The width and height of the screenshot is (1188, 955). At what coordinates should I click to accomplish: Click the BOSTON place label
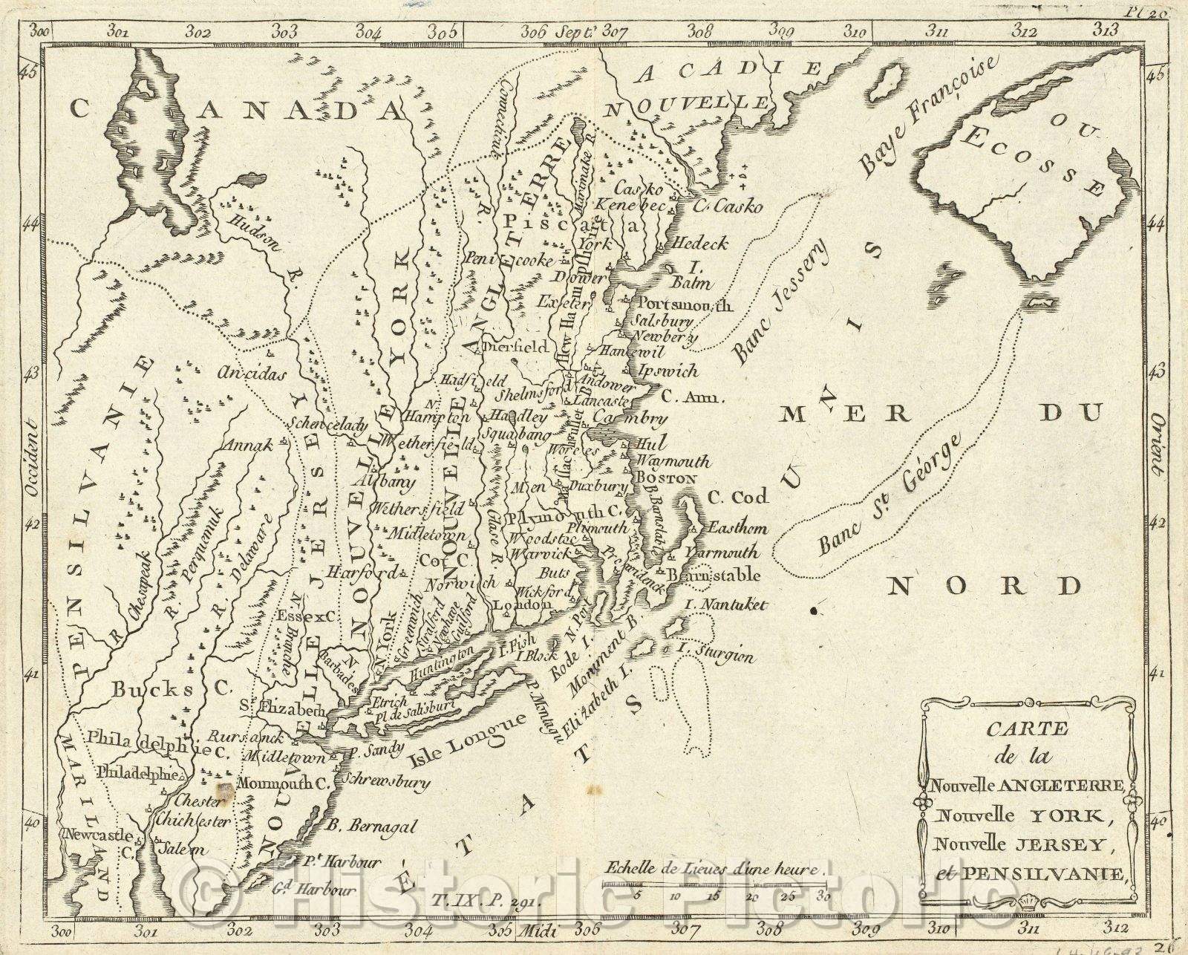point(667,479)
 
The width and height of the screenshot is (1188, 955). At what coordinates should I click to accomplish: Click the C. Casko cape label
point(729,207)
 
